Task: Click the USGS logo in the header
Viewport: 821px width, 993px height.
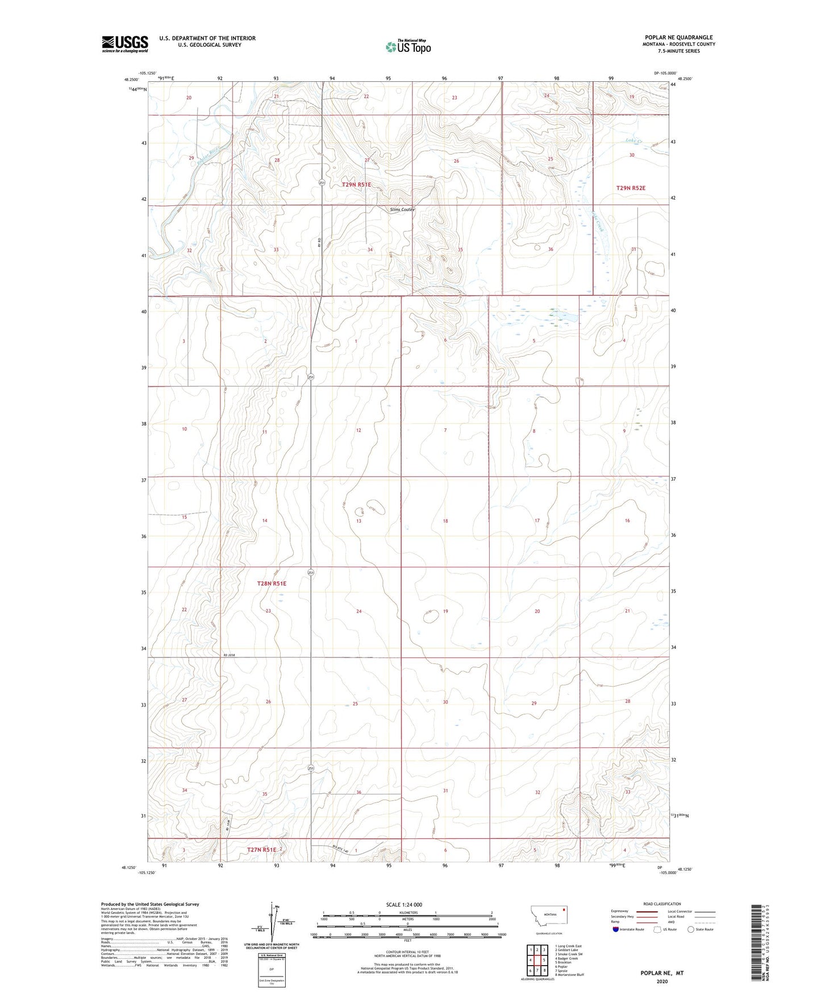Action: [124, 44]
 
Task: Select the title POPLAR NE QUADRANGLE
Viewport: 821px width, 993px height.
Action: [678, 37]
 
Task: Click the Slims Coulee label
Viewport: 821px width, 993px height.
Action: [402, 209]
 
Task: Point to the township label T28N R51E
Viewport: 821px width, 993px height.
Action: [272, 584]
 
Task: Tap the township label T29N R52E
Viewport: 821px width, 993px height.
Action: [631, 188]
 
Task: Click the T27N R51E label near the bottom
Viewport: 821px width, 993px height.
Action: [261, 850]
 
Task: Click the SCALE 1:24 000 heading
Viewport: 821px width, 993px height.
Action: [404, 904]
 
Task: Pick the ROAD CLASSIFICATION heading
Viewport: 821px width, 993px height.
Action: [662, 904]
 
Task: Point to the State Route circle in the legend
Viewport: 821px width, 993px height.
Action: [690, 929]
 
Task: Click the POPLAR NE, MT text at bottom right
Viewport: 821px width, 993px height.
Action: [662, 973]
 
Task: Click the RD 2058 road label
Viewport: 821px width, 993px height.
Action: [228, 655]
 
